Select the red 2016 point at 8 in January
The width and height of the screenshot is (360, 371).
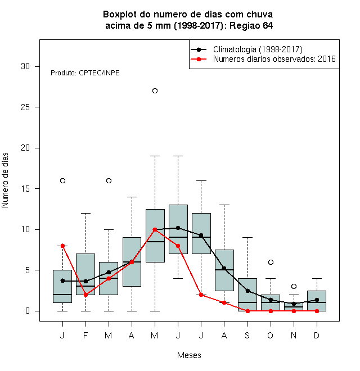pos(62,246)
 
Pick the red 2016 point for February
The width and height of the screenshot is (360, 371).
pos(85,295)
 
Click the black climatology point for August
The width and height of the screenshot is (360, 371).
pos(224,268)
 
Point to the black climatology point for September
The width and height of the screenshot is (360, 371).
pos(247,291)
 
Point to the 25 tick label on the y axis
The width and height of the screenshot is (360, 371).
pos(25,107)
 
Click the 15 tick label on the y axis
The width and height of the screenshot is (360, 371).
pos(25,188)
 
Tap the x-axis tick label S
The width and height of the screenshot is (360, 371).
pos(247,335)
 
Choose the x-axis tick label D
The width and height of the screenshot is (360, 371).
pos(317,335)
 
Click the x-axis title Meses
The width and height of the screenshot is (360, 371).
pos(189,355)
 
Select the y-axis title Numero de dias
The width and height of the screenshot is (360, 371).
pos(5,180)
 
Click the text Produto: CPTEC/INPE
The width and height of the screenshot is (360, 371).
pos(85,73)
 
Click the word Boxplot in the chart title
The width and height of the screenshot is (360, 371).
pos(120,15)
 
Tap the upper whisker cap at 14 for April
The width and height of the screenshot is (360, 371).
pos(132,197)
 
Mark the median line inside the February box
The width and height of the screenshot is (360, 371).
pos(85,286)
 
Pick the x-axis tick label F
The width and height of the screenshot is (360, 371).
pos(85,335)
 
